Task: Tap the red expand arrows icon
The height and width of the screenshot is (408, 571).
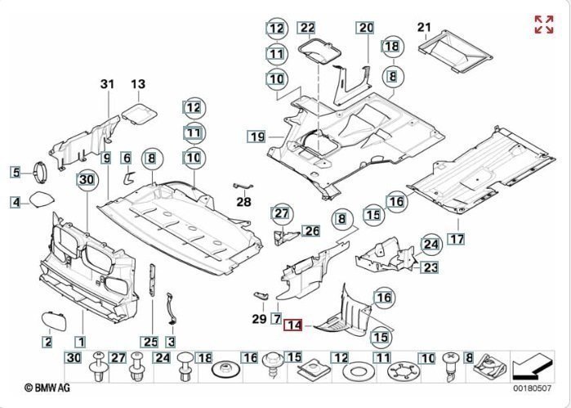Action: pyautogui.click(x=543, y=25)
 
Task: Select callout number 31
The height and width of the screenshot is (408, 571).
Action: pyautogui.click(x=109, y=84)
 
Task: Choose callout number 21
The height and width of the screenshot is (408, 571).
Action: pyautogui.click(x=423, y=28)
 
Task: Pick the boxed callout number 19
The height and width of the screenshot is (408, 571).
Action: pyautogui.click(x=257, y=136)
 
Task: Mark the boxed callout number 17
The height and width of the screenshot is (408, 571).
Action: pyautogui.click(x=455, y=240)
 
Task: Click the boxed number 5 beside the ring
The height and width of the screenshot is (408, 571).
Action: pyautogui.click(x=16, y=172)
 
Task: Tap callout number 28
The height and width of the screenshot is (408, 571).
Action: pyautogui.click(x=243, y=202)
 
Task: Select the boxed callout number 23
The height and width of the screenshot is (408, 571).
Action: pyautogui.click(x=430, y=267)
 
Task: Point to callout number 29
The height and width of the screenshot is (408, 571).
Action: pyautogui.click(x=259, y=317)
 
